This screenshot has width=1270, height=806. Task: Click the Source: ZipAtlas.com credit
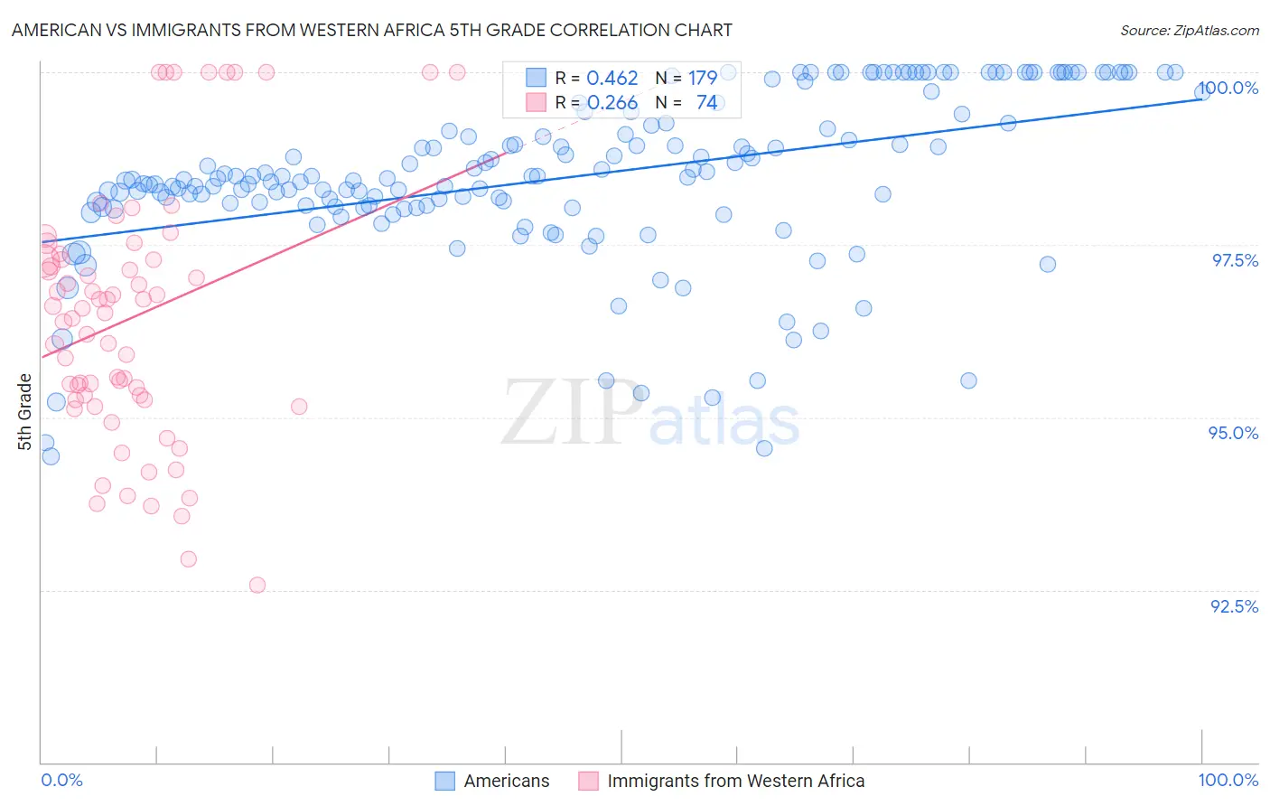pyautogui.click(x=1189, y=31)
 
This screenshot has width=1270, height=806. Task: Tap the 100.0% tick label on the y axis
pyautogui.click(x=1228, y=88)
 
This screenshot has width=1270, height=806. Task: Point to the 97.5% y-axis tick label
pyautogui.click(x=1235, y=260)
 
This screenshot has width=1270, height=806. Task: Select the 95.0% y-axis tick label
pyautogui.click(x=1234, y=433)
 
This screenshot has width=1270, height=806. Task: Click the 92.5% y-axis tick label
pyautogui.click(x=1234, y=606)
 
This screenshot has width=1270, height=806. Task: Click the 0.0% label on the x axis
pyautogui.click(x=62, y=780)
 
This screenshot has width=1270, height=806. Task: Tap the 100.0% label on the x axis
pyautogui.click(x=1228, y=780)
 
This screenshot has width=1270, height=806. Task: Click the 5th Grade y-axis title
pyautogui.click(x=24, y=411)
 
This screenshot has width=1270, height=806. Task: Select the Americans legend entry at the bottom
pyautogui.click(x=506, y=781)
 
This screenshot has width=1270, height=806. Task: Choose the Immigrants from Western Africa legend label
pyautogui.click(x=735, y=781)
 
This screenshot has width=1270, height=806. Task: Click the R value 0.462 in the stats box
pyautogui.click(x=612, y=79)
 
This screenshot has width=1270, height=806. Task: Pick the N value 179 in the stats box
pyautogui.click(x=703, y=79)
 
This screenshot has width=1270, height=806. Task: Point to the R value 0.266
pyautogui.click(x=612, y=103)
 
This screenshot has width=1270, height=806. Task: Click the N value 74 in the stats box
pyautogui.click(x=706, y=103)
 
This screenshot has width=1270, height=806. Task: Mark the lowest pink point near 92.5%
pyautogui.click(x=257, y=585)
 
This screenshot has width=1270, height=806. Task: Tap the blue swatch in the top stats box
pyautogui.click(x=537, y=78)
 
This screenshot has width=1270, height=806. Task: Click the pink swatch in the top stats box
pyautogui.click(x=537, y=102)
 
